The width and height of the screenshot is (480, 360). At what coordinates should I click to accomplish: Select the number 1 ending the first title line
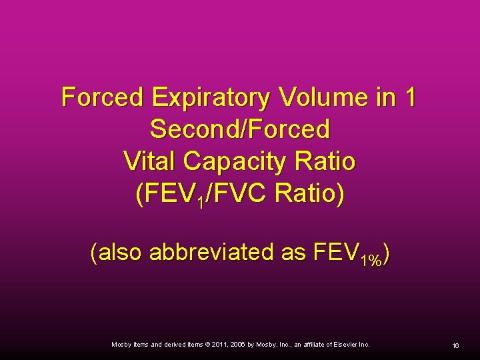(409, 98)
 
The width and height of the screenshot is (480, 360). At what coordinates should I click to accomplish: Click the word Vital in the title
(150, 161)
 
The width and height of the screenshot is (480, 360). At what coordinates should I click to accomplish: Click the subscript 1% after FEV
(371, 260)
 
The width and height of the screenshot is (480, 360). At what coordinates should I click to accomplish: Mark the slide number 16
(455, 345)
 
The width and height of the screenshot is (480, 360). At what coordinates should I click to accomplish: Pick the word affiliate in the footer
(309, 344)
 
